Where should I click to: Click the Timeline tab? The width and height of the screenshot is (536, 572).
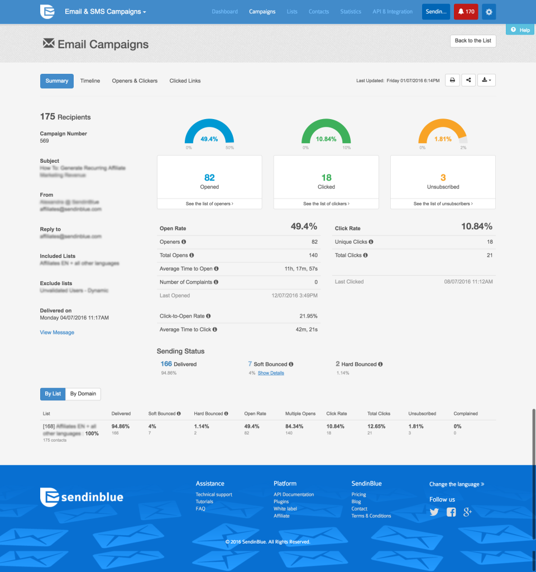click(x=90, y=81)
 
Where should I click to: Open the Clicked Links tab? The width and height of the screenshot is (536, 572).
click(x=185, y=81)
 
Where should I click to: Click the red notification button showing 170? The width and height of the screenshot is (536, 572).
click(x=466, y=12)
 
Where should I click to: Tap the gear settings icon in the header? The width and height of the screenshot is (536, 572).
click(x=489, y=12)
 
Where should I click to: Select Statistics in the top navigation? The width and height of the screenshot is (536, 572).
click(x=351, y=12)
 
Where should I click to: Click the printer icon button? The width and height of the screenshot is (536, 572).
click(x=452, y=81)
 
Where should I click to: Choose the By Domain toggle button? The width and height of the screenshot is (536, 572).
click(x=83, y=394)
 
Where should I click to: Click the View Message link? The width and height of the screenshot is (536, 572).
click(x=57, y=333)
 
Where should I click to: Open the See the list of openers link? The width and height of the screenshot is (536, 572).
click(x=209, y=204)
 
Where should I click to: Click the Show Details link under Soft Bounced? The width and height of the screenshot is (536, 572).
click(x=271, y=373)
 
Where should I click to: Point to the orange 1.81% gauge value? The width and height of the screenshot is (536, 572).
click(x=443, y=139)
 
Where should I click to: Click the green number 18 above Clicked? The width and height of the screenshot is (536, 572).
click(x=326, y=178)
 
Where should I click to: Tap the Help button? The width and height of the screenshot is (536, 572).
click(x=520, y=30)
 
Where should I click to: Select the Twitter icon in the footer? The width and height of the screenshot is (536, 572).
click(x=434, y=512)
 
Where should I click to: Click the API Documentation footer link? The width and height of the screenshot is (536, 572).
click(x=294, y=495)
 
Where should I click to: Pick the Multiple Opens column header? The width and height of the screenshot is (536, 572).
click(x=300, y=414)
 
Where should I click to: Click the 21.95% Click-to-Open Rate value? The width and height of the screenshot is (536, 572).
click(x=308, y=316)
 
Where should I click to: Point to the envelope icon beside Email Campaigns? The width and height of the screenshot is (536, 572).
click(x=49, y=43)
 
